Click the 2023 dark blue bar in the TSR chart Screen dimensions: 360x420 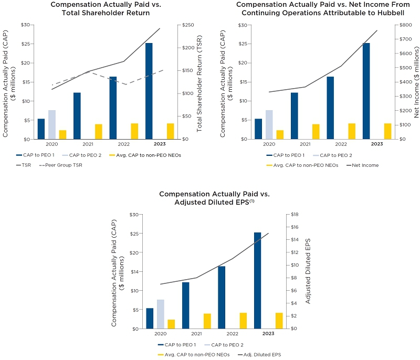pos(149,91)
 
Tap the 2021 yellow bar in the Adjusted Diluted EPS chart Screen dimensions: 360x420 pos(207,321)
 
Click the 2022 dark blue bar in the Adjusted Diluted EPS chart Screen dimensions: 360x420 pos(222,297)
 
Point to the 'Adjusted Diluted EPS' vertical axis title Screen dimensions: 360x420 pos(308,271)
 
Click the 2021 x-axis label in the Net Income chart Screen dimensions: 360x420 pos(305,144)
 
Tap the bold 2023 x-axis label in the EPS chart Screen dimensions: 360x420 pos(268,334)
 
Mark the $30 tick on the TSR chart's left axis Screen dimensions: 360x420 pos(25,25)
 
